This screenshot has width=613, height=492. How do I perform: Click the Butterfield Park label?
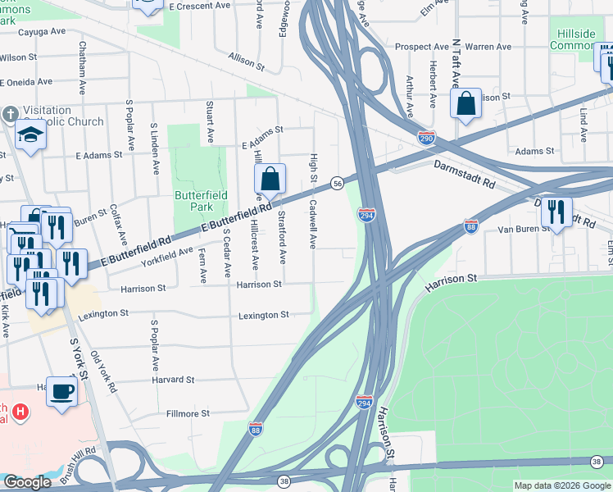point(194,201)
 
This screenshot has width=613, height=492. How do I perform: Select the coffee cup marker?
point(61,392)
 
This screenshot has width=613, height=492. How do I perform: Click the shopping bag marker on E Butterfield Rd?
point(270,179)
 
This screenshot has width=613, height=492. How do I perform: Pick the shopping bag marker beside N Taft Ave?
point(465,105)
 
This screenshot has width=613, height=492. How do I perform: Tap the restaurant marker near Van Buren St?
point(556,212)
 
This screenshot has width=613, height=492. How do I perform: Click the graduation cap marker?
point(30,135)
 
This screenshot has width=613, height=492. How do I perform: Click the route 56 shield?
point(337,183)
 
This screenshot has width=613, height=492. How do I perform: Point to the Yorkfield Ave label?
point(167,255)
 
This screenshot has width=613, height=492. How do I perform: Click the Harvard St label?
point(173,380)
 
